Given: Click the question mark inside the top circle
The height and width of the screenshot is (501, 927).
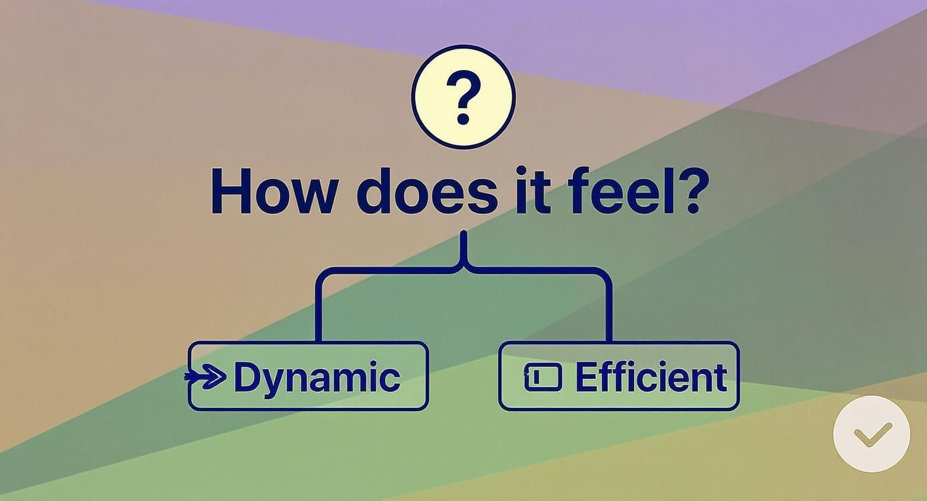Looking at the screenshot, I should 463,99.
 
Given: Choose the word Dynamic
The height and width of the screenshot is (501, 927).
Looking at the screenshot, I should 317,378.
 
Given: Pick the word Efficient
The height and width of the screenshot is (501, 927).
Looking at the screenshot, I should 650,377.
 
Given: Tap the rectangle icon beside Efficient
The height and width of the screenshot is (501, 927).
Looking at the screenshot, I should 543,377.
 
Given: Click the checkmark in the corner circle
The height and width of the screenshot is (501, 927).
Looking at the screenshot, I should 872,434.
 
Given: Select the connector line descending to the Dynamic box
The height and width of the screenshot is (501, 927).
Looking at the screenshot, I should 318,306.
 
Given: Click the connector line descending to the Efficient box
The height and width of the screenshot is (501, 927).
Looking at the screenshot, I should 608,306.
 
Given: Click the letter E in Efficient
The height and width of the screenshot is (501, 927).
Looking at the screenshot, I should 587,377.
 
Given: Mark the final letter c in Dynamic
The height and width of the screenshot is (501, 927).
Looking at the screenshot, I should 390,379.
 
